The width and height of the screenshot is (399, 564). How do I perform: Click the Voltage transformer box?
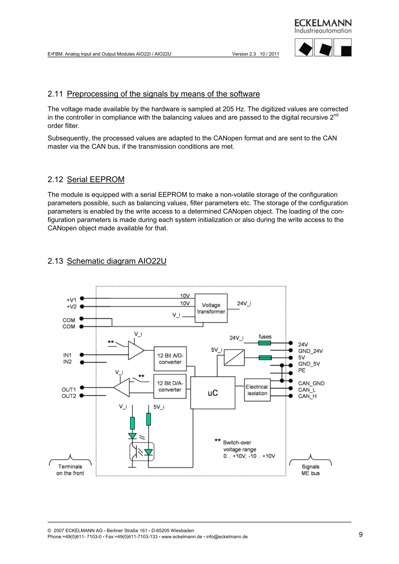point(211,308)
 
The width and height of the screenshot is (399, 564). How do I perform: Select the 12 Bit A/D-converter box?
point(170,359)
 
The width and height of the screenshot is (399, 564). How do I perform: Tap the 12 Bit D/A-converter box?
point(170,387)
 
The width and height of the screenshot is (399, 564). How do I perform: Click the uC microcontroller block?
point(212,393)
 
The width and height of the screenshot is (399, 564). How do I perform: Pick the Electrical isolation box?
point(257,390)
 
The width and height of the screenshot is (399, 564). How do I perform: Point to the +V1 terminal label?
point(71,299)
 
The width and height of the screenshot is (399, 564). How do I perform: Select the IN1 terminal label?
point(67,354)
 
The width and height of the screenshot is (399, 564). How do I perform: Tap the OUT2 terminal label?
point(69,396)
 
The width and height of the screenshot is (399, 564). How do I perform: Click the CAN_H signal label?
point(307,396)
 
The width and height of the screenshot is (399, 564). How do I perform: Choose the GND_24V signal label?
point(310,351)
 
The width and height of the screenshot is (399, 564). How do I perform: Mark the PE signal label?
point(302,370)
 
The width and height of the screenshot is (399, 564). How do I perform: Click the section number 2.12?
point(55,179)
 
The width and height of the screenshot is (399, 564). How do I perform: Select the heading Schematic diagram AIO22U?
point(116,261)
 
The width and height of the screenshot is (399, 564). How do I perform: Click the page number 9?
point(360,534)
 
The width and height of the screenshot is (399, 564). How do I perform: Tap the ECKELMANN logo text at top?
point(323,23)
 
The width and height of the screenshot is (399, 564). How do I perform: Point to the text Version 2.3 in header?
point(244,54)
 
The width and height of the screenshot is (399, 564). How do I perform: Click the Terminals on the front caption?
point(70,470)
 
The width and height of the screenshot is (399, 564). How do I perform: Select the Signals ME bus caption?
point(310,470)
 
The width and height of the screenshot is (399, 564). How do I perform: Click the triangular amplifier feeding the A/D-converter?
point(135,351)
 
